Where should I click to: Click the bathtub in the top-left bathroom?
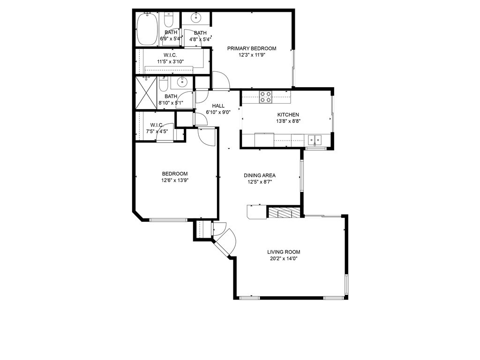(147, 29)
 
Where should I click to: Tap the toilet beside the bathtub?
(168, 20)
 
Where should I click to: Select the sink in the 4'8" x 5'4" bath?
(195, 18)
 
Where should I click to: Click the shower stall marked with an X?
(146, 93)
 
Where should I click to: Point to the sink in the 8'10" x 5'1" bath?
(182, 82)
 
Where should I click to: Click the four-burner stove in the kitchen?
(265, 97)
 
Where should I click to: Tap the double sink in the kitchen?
(315, 140)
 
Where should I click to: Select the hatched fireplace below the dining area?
(284, 212)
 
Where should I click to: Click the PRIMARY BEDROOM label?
(252, 48)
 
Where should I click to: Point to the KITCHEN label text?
(288, 115)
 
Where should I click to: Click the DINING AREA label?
(260, 175)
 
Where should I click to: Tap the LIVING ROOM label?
(284, 252)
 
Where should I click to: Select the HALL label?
(218, 105)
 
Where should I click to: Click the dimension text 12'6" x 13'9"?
(175, 180)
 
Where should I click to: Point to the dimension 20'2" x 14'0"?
(284, 259)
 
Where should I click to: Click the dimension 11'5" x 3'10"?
(171, 61)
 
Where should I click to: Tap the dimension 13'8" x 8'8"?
(288, 121)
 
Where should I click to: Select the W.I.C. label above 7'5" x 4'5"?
(157, 125)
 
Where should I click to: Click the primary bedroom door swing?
(221, 80)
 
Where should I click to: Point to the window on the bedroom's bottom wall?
(168, 219)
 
